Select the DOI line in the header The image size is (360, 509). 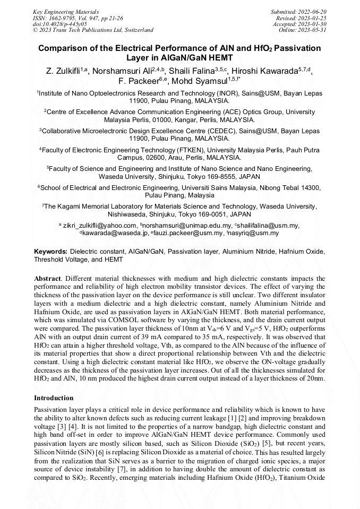pyautogui.click(x=60, y=24)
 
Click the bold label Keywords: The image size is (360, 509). pyautogui.click(x=51, y=252)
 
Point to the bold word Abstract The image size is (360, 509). pyautogui.click(x=47, y=279)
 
